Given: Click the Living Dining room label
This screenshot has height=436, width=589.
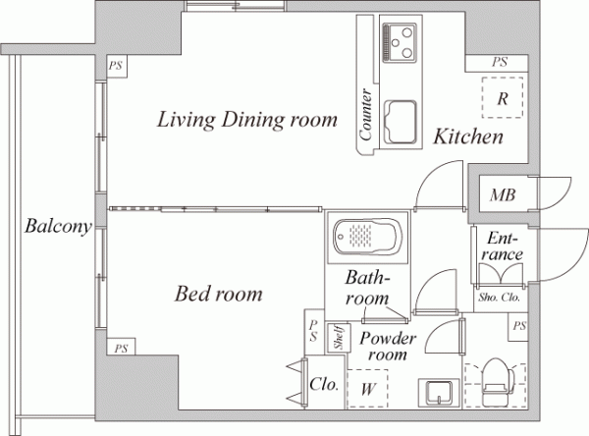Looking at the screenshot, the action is (x=246, y=120).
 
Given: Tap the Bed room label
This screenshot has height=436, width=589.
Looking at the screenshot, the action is (x=218, y=294).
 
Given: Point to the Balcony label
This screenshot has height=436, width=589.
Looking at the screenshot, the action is (x=58, y=226).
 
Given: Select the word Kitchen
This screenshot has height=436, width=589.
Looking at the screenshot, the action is (x=468, y=136).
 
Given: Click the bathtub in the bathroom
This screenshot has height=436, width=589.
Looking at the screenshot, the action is (x=368, y=237).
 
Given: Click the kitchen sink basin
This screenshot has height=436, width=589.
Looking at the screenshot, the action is (x=401, y=122).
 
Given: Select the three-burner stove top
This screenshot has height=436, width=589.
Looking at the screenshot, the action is (x=401, y=42).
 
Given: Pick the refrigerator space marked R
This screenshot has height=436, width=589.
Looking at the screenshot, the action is (x=503, y=98).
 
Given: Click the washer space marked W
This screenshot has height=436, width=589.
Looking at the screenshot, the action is (x=367, y=389).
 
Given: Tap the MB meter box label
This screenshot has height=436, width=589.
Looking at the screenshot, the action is (x=503, y=195).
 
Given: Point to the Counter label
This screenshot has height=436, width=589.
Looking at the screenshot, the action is (x=365, y=115).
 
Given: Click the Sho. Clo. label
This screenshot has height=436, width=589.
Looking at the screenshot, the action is (x=500, y=298).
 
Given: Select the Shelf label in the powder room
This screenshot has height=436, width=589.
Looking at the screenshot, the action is (x=339, y=338).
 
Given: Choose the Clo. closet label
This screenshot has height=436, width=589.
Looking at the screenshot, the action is (x=324, y=384).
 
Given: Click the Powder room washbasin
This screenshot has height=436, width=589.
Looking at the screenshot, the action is (x=439, y=393).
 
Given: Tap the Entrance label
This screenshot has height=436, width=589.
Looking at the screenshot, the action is (x=503, y=246).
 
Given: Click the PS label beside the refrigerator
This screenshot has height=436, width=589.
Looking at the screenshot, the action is (x=500, y=62).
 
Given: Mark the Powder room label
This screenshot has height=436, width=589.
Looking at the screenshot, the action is (x=388, y=346).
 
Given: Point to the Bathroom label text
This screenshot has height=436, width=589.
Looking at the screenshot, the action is (x=367, y=288).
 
